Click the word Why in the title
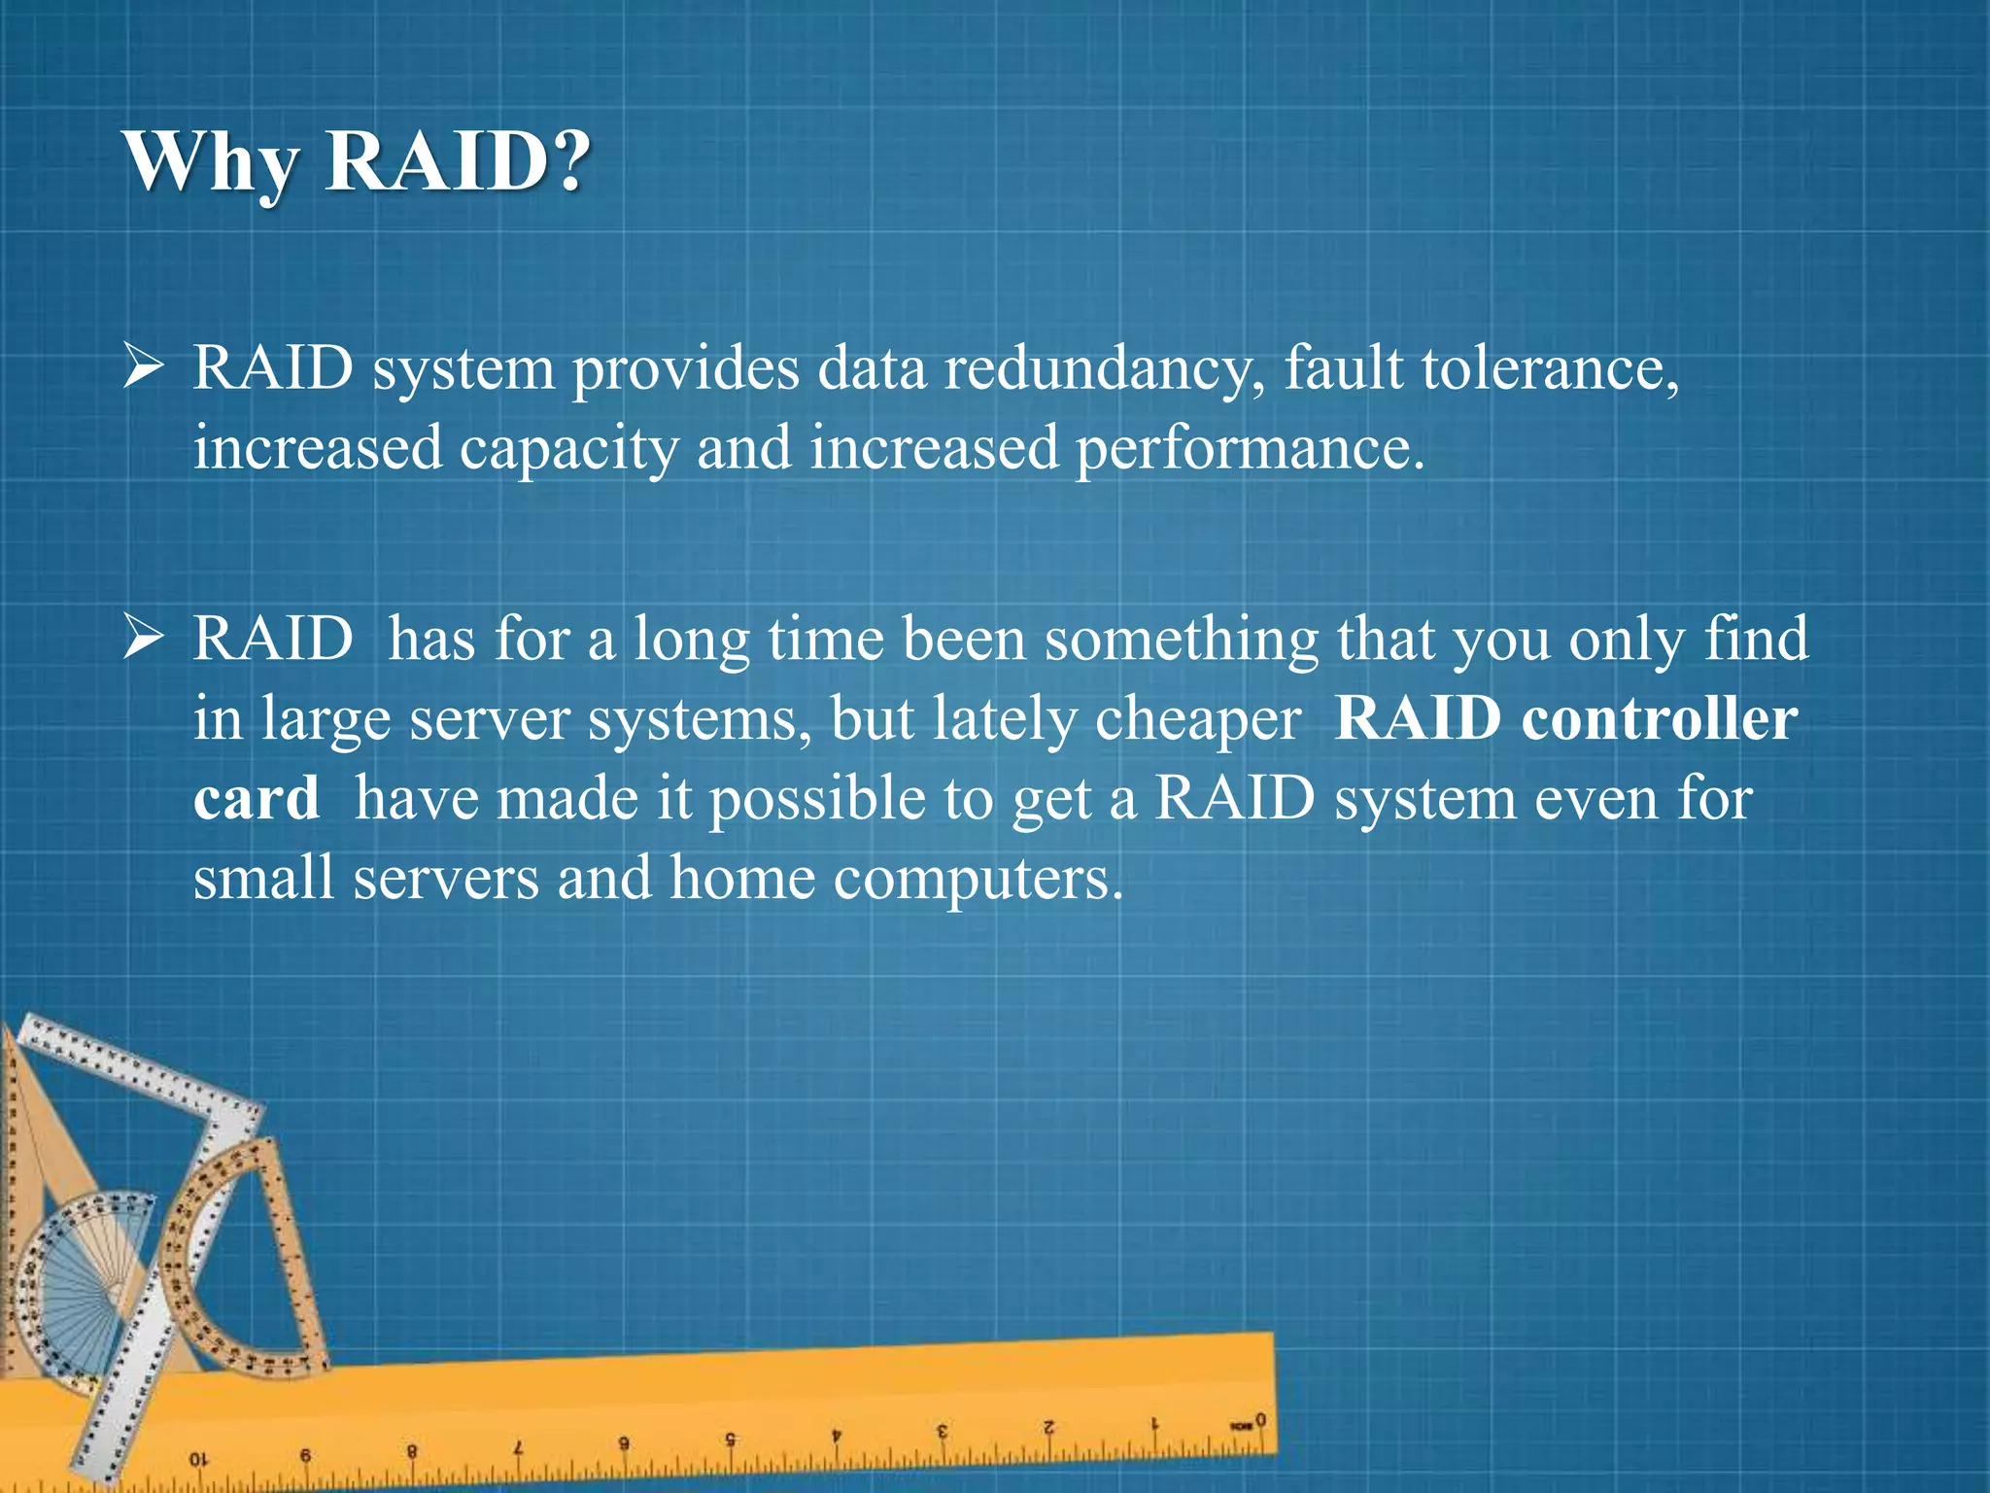pyautogui.click(x=210, y=162)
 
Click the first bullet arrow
pyautogui.click(x=142, y=369)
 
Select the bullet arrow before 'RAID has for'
pyautogui.click(x=142, y=640)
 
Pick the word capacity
pyautogui.click(x=568, y=450)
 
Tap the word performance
pyautogui.click(x=1250, y=450)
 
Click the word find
pyautogui.click(x=1757, y=639)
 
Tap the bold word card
pyautogui.click(x=257, y=799)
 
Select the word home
pyautogui.click(x=741, y=879)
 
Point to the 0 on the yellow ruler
pyautogui.click(x=1260, y=1421)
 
